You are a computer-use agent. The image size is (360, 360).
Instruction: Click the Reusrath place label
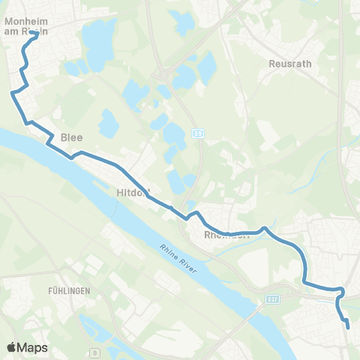(285, 64)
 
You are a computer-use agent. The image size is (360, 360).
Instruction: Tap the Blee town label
(72, 137)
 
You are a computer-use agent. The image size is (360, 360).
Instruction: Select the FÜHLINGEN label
(70, 290)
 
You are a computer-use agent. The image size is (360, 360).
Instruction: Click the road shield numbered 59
(198, 134)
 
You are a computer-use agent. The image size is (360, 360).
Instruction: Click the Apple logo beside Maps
(11, 347)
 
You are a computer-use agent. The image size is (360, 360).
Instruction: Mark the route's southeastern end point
(347, 325)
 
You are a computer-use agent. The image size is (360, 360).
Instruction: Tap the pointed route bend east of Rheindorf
(264, 226)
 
